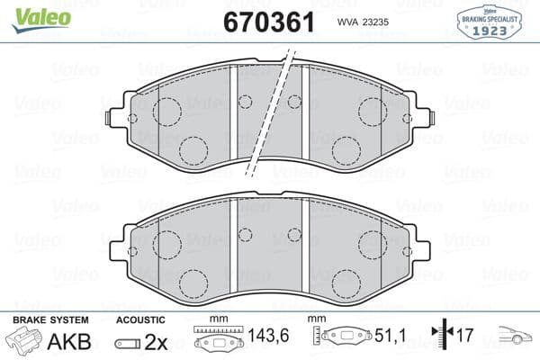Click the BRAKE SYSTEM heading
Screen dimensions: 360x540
tap(51, 319)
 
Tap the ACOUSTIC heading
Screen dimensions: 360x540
tap(141, 319)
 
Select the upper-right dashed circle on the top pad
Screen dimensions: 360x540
tap(372, 112)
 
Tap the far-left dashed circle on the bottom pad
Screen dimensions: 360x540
tap(166, 244)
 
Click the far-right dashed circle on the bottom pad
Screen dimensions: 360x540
tap(373, 244)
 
